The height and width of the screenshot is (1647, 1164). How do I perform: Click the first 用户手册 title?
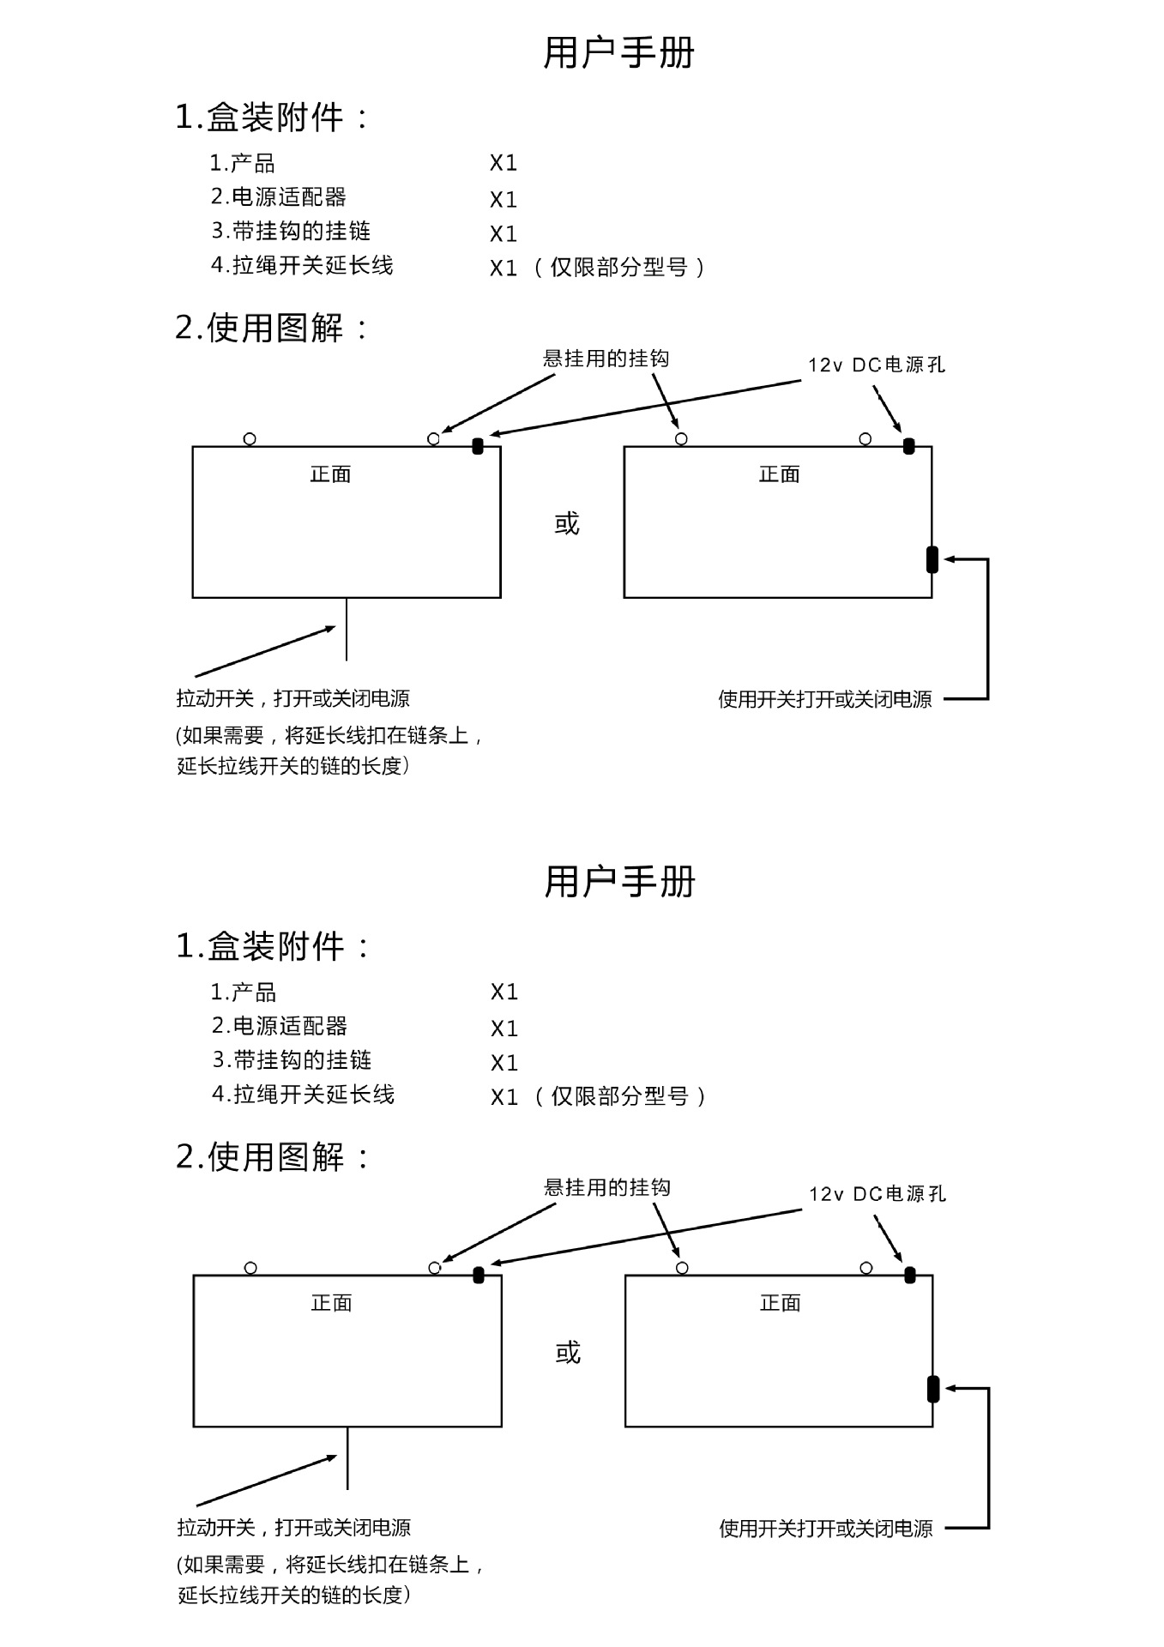[618, 53]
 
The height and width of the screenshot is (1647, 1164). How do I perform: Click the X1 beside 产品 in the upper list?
[504, 163]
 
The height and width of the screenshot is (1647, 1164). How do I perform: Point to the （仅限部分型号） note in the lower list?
[619, 1096]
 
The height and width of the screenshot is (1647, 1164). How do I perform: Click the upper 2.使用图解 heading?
[272, 328]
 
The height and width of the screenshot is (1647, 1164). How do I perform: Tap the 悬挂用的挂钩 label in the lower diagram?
[607, 1188]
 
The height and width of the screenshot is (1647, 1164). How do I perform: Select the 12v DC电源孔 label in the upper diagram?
[876, 365]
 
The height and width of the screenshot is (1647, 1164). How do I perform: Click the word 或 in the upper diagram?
[567, 523]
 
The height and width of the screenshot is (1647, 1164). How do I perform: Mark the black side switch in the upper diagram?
[932, 559]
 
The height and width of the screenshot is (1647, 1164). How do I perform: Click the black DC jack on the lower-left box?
[479, 1275]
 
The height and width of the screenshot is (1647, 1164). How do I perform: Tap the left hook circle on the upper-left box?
[250, 439]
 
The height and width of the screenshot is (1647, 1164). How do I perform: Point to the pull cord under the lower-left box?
[347, 1458]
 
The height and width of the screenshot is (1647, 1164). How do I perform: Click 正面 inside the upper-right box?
[779, 474]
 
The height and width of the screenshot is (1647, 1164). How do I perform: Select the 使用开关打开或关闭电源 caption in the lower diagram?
[825, 1529]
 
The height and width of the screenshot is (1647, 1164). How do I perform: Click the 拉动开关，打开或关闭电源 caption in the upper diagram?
[293, 699]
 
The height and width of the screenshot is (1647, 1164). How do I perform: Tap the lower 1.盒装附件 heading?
[273, 946]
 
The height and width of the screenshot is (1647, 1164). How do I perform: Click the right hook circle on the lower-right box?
[866, 1268]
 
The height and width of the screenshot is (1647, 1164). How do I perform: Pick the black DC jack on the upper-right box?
[909, 446]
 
